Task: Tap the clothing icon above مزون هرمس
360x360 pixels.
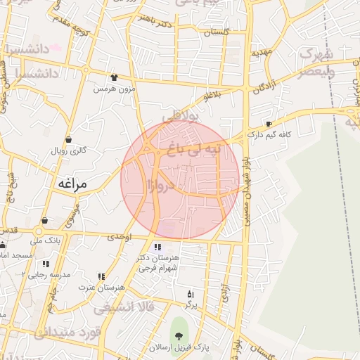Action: click(114, 77)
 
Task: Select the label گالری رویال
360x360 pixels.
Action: click(67, 151)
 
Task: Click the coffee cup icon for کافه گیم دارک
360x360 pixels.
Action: click(269, 124)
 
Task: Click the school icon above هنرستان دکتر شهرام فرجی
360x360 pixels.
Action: click(157, 247)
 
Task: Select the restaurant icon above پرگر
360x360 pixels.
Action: click(190, 294)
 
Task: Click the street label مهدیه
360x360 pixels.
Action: click(262, 53)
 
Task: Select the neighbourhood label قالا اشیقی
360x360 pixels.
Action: click(117, 307)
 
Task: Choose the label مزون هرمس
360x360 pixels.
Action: click(113, 90)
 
